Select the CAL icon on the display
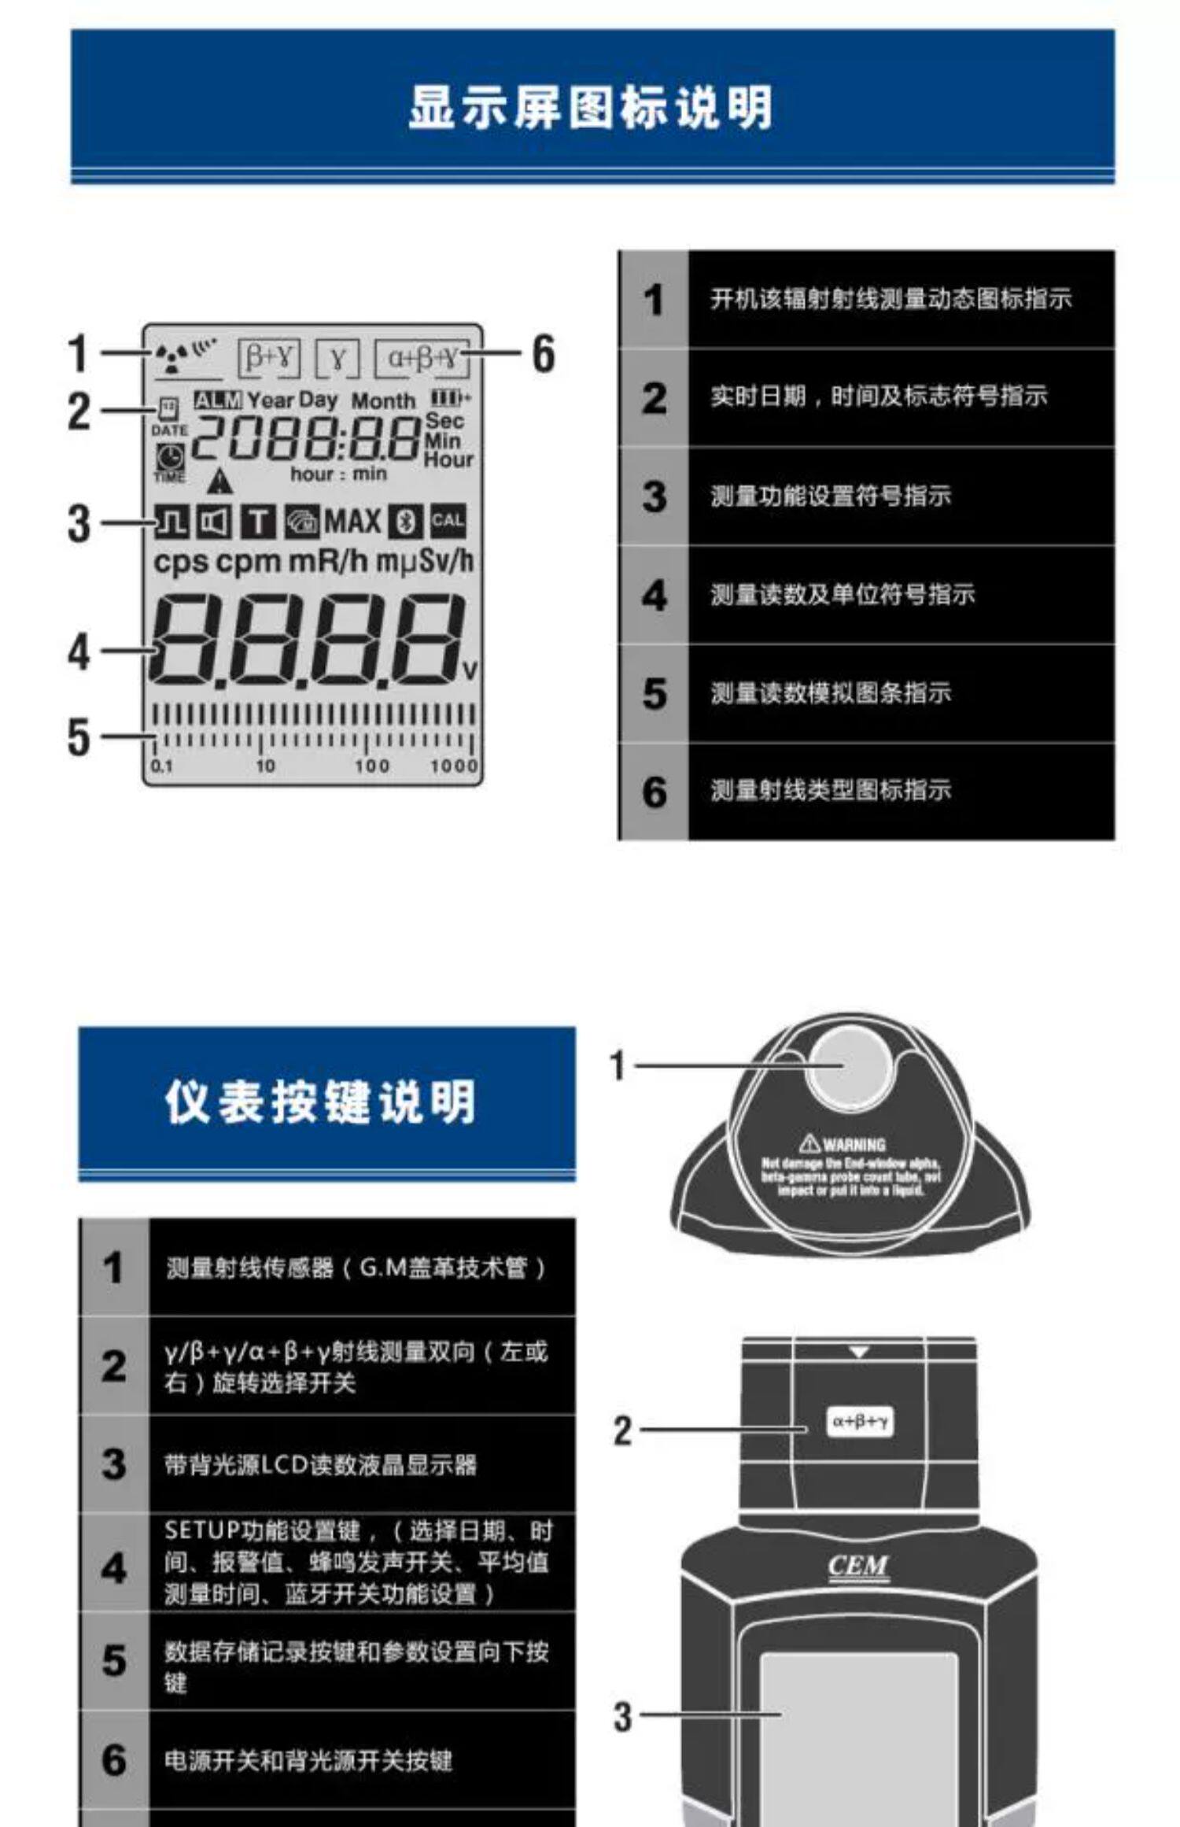click(x=448, y=521)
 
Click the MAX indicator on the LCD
click(x=352, y=521)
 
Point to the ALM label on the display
click(x=218, y=400)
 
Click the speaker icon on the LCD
click(x=213, y=522)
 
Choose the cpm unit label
click(x=248, y=562)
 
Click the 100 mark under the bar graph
click(x=371, y=766)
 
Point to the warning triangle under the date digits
click(x=222, y=480)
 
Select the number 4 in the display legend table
click(x=654, y=596)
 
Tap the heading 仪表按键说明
click(x=321, y=1102)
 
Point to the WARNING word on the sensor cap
click(x=854, y=1145)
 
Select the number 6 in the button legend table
click(x=114, y=1759)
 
